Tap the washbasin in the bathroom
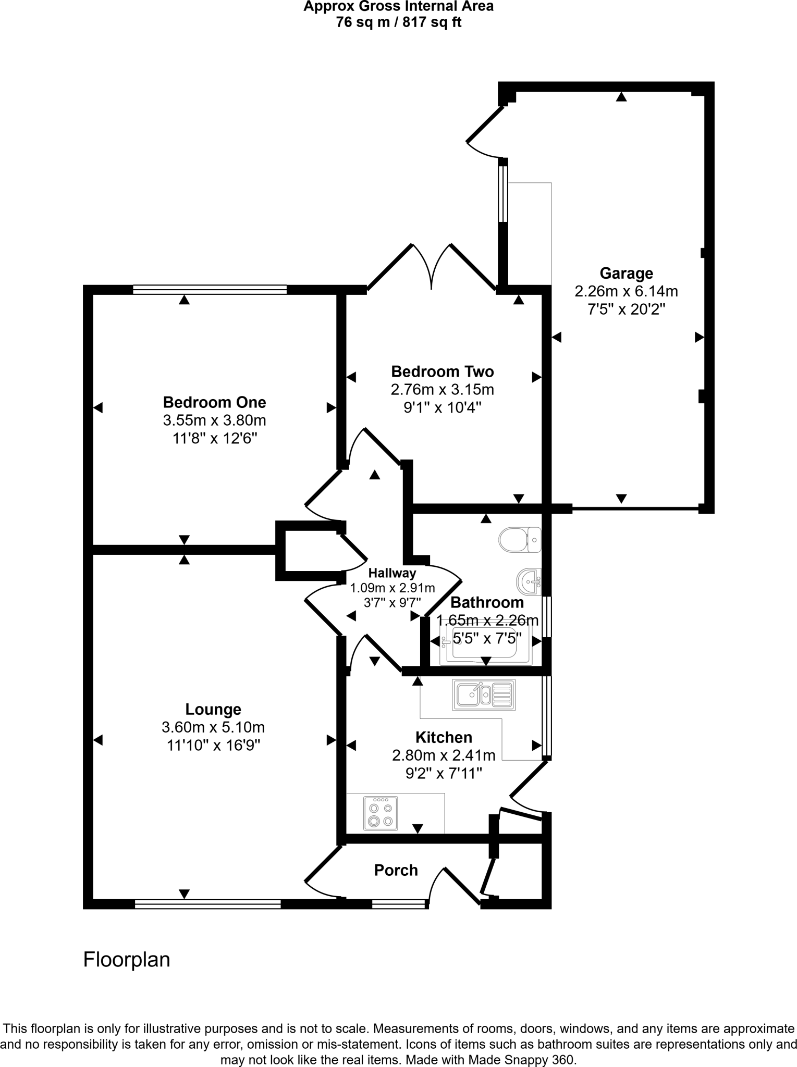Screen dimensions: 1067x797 click(x=530, y=581)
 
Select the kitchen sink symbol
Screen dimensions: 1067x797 click(x=484, y=694)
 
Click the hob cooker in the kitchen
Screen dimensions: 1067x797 click(x=381, y=813)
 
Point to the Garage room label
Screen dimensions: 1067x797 click(x=626, y=273)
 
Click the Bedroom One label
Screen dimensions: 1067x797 click(x=214, y=402)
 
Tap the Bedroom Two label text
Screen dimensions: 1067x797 click(x=442, y=371)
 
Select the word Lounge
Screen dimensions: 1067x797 click(x=213, y=709)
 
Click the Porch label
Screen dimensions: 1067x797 click(x=396, y=870)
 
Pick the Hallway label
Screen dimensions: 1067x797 click(x=392, y=573)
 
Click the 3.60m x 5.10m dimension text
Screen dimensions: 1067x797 click(x=213, y=727)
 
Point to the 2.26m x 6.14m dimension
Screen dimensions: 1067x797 click(x=626, y=291)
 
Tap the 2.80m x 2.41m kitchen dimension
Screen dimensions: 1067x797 click(x=444, y=755)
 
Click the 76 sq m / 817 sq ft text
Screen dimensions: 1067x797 click(x=398, y=22)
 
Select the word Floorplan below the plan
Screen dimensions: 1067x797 click(x=127, y=959)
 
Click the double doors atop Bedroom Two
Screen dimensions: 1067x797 click(x=432, y=266)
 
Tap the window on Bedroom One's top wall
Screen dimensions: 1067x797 click(x=210, y=289)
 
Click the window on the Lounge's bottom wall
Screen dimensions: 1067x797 click(x=207, y=904)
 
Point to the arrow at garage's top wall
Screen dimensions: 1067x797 click(x=621, y=97)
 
